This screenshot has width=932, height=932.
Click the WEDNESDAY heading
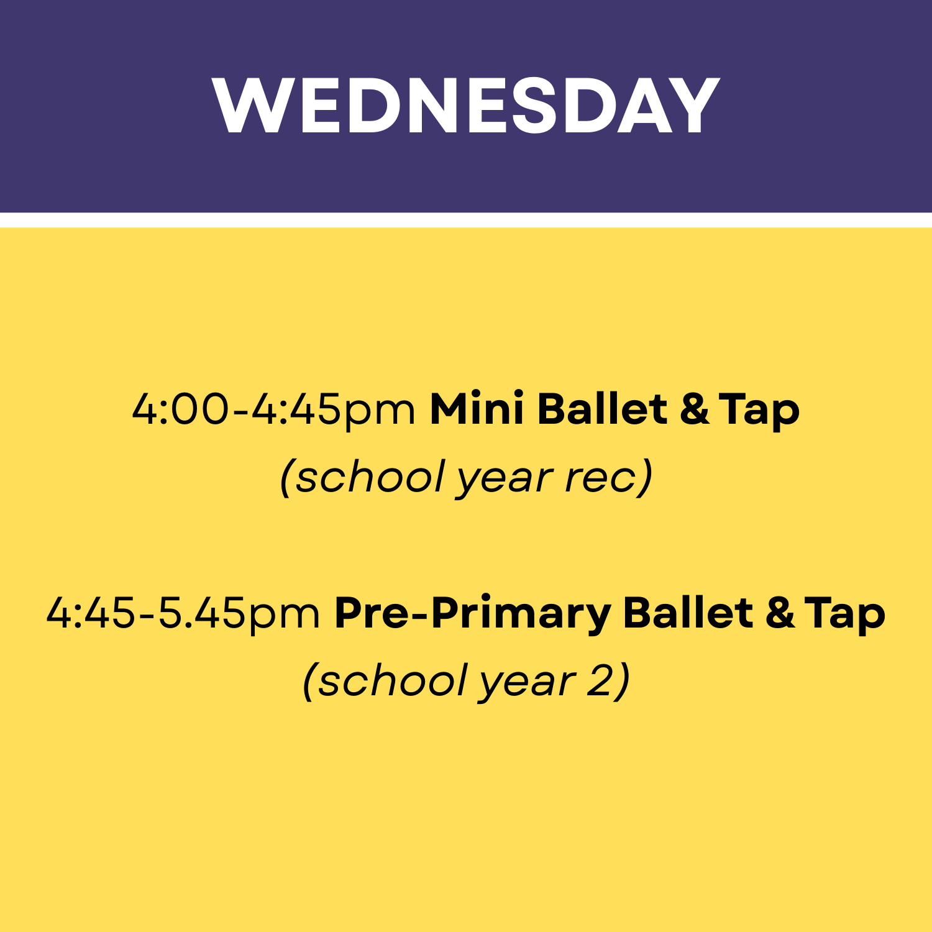pyautogui.click(x=466, y=106)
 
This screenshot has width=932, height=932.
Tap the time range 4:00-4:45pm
pyautogui.click(x=273, y=410)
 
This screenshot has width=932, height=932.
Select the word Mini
pyautogui.click(x=477, y=410)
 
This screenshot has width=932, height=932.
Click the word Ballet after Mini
pyautogui.click(x=602, y=410)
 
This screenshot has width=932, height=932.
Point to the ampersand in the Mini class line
pyautogui.click(x=694, y=410)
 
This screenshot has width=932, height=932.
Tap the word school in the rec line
pyautogui.click(x=370, y=477)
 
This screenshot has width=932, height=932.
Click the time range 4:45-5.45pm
pyautogui.click(x=183, y=614)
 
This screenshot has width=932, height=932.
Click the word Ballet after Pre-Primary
pyautogui.click(x=688, y=614)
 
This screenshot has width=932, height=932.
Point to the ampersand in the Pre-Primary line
pyautogui.click(x=780, y=614)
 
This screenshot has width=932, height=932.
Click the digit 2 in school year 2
pyautogui.click(x=600, y=681)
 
